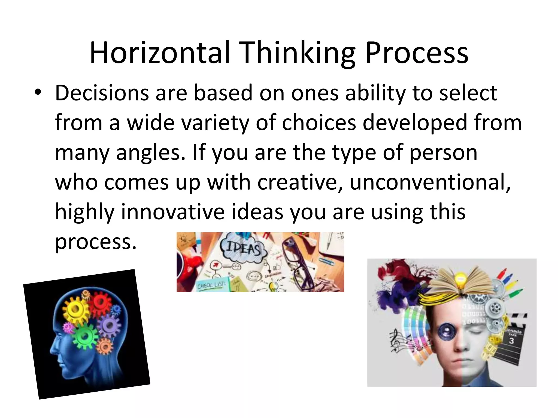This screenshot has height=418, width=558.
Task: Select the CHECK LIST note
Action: (211, 285)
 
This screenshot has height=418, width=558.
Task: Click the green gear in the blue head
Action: (85, 336)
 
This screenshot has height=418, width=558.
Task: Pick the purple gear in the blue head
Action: (109, 325)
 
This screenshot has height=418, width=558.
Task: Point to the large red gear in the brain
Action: (100, 302)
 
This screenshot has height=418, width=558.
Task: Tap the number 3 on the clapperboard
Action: (511, 340)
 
